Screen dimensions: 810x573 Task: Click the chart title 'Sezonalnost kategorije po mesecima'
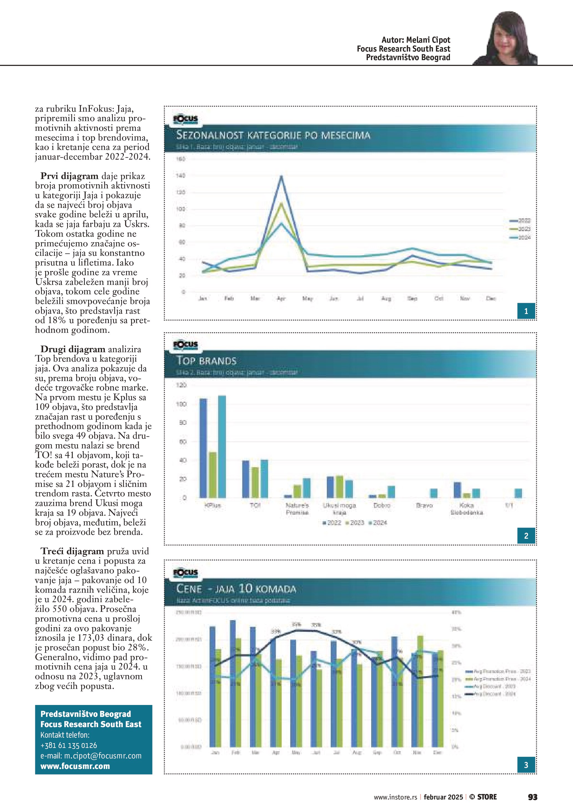(273, 135)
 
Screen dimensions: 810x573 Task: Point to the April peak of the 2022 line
(281, 176)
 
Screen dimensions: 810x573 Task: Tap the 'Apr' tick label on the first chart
(281, 298)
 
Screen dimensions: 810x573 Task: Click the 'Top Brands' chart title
(207, 361)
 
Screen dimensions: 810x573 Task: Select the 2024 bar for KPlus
(222, 447)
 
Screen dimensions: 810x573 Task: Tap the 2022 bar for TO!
(246, 479)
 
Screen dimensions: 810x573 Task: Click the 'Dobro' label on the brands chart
(382, 505)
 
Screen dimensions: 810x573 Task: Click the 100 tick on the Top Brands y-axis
(181, 404)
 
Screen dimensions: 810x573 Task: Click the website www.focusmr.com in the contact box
(75, 766)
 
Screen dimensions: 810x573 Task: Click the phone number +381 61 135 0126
(69, 745)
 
